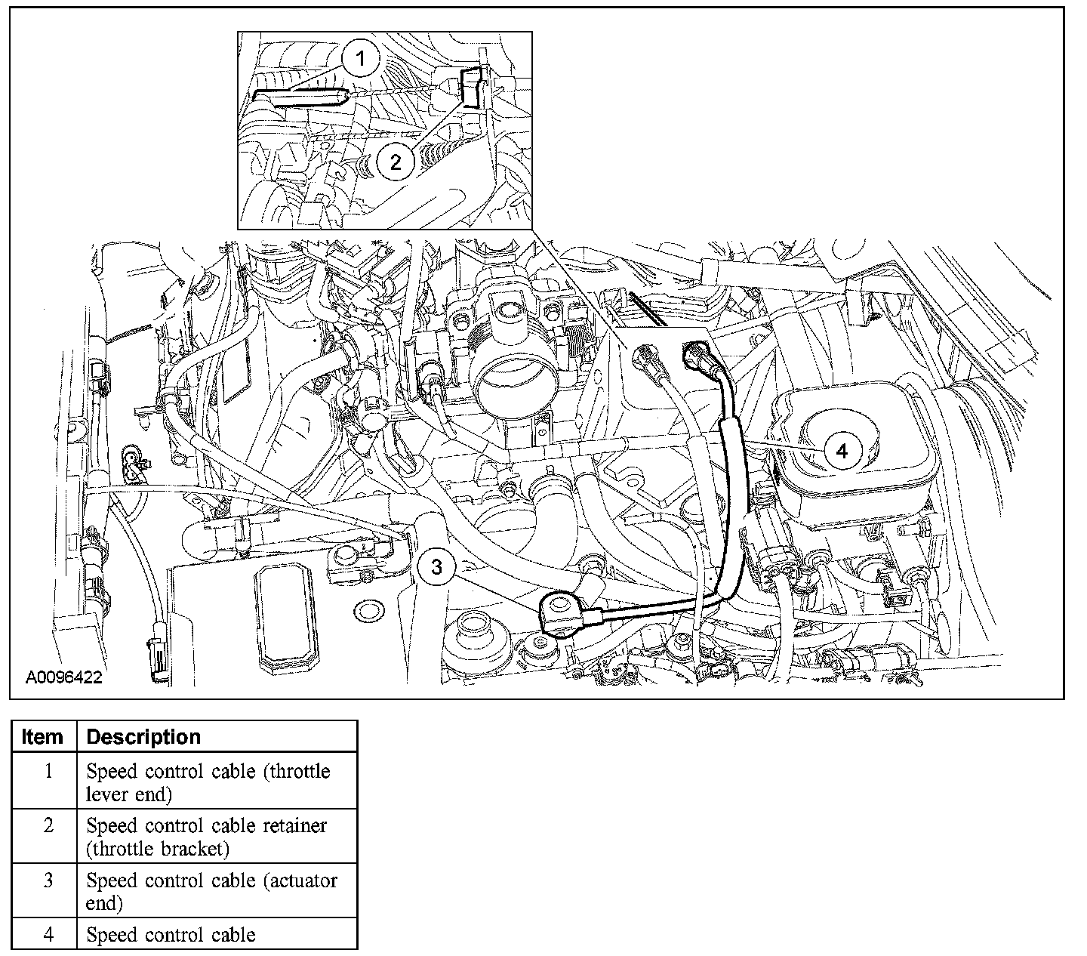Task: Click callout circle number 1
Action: click(x=360, y=59)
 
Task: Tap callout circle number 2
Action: click(x=396, y=160)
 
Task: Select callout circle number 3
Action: click(x=437, y=566)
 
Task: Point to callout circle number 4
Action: click(x=842, y=451)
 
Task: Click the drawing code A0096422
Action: click(x=64, y=677)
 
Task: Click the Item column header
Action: click(x=43, y=736)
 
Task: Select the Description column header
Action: click(x=143, y=736)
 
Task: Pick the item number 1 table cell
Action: click(x=48, y=772)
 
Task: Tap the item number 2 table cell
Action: click(x=48, y=825)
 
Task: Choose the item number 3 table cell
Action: click(x=48, y=880)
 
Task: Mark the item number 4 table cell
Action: click(x=48, y=935)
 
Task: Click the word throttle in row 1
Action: click(x=300, y=772)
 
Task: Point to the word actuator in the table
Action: click(x=301, y=880)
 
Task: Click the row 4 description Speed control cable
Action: click(x=171, y=935)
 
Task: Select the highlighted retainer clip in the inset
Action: click(x=470, y=87)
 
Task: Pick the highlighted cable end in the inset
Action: click(x=300, y=98)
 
